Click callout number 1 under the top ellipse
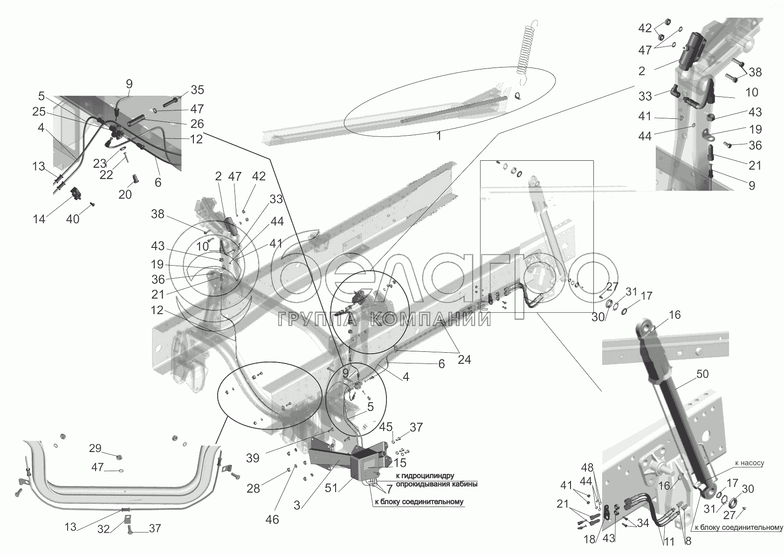(439, 137)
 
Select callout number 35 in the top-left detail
(198, 90)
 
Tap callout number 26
(197, 123)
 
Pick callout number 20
(125, 194)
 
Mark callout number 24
(464, 360)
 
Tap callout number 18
(590, 540)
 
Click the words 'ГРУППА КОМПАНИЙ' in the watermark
(385, 320)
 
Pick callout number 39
(253, 458)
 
